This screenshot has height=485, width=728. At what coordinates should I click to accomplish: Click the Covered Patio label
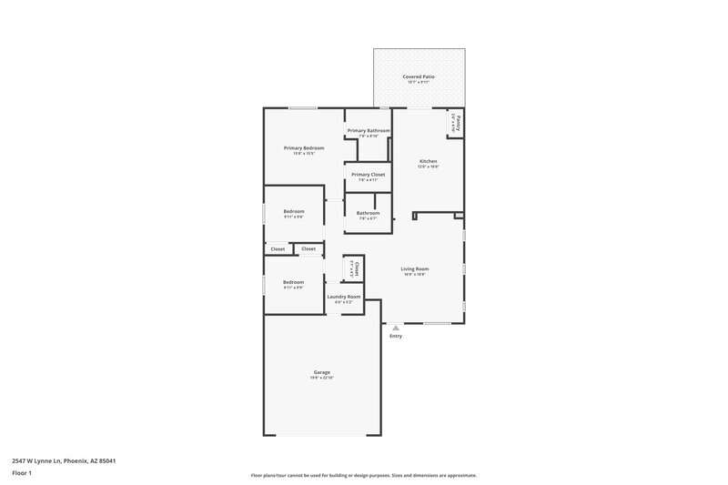pos(419,76)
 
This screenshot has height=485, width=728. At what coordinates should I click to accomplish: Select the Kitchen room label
pos(428,161)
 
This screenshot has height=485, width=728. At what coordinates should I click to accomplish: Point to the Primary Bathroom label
pos(368,130)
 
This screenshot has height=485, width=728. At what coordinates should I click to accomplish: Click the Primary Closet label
pos(368,174)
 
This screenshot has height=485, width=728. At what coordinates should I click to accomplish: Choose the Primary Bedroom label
pos(304,147)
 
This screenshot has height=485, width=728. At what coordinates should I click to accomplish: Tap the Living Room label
pos(415,268)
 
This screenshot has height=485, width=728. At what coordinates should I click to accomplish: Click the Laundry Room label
pos(344,297)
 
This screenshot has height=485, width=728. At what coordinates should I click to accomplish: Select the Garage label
pos(322,372)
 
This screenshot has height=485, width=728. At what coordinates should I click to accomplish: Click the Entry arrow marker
pos(396,328)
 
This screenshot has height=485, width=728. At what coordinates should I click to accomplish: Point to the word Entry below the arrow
pos(396,336)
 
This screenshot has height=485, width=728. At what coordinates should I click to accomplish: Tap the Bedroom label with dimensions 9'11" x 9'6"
pos(293,211)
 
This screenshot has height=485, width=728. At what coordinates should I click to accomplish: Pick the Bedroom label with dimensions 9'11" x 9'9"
pos(293,282)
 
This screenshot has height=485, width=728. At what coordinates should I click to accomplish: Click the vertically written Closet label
pos(357,268)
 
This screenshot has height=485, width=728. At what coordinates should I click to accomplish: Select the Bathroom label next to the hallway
pos(368,213)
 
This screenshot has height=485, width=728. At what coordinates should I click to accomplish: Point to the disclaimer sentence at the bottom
pos(364,475)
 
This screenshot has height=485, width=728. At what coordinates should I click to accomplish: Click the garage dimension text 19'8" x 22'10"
pos(322,378)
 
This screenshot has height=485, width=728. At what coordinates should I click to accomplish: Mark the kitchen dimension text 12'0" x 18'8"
pos(428,167)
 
